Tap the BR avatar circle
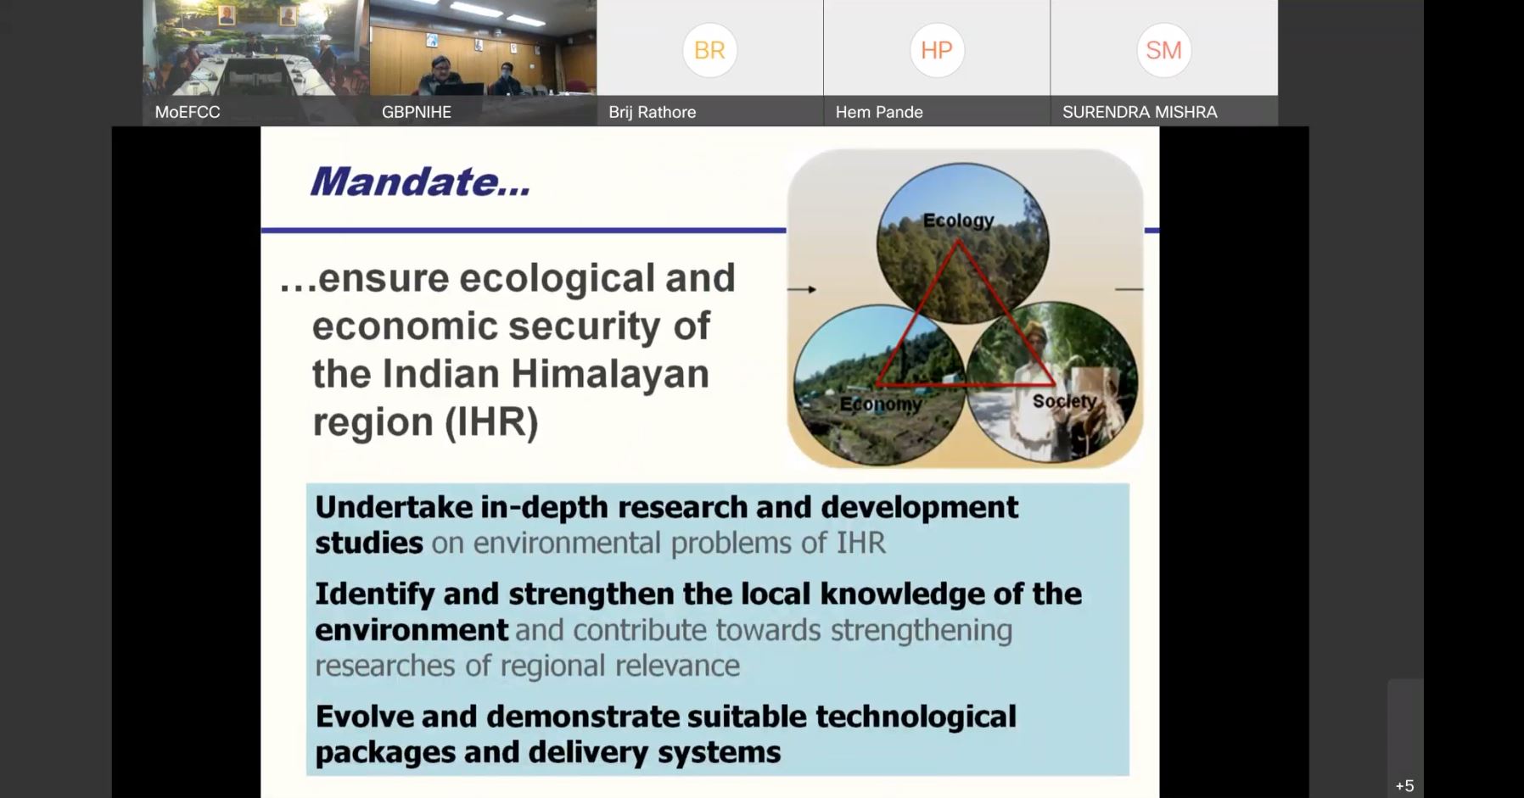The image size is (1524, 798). point(709,50)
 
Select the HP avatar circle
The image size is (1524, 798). point(937,50)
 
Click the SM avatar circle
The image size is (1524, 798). point(1163,50)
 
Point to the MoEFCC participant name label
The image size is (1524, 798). point(188,112)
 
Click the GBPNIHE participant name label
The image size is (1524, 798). point(417,112)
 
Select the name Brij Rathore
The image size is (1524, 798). point(653,112)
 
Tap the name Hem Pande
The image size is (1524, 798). point(879,112)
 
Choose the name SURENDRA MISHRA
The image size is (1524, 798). point(1140,112)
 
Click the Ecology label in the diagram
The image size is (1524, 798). point(958,220)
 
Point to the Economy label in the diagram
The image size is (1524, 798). point(881,405)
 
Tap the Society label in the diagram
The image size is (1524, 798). point(1065,401)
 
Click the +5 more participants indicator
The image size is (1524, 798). point(1404,786)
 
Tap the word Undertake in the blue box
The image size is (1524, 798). point(394,506)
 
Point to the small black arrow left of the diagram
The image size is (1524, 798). point(802,289)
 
